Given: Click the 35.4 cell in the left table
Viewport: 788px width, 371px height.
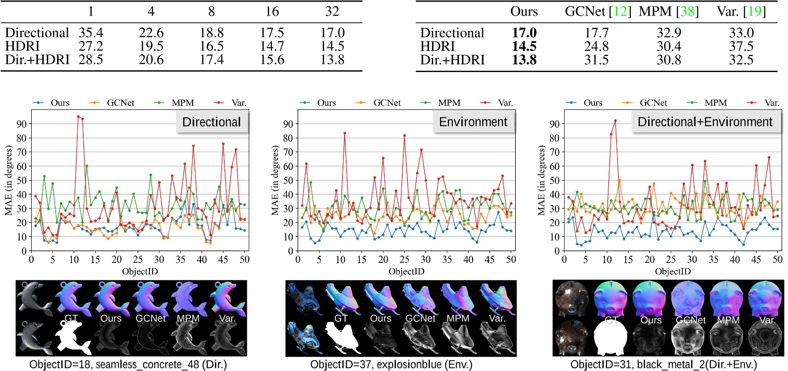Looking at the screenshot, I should tap(91, 33).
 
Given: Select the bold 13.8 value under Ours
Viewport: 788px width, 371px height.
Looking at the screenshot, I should tap(524, 60).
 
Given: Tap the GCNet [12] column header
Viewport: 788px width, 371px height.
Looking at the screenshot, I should tap(598, 11).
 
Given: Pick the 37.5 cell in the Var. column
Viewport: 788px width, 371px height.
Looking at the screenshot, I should tap(741, 46).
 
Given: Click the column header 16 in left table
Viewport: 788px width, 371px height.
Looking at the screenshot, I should tap(272, 11).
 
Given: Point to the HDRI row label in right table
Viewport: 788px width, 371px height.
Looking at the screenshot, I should tap(437, 46).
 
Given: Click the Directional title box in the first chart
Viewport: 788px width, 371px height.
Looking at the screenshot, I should tap(211, 122).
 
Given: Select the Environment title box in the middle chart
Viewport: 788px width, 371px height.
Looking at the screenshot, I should tap(473, 122).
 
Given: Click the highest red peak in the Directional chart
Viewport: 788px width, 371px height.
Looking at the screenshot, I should tap(78, 117).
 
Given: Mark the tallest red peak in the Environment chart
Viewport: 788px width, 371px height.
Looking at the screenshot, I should tap(344, 133).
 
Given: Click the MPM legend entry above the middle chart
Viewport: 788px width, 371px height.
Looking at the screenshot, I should tap(449, 103).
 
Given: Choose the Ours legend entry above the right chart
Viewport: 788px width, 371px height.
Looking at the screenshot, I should tap(593, 103).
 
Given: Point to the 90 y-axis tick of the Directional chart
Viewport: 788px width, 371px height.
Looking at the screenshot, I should tap(22, 124).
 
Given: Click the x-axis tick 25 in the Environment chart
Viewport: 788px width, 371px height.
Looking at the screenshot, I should tap(404, 260).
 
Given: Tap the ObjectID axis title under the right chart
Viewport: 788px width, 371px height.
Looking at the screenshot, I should tap(673, 271).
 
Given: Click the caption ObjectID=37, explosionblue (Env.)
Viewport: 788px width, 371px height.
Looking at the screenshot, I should tap(391, 365).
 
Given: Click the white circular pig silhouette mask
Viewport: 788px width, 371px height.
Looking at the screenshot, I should tap(611, 338).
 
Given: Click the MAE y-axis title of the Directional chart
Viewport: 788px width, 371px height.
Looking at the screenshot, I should tap(8, 180).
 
